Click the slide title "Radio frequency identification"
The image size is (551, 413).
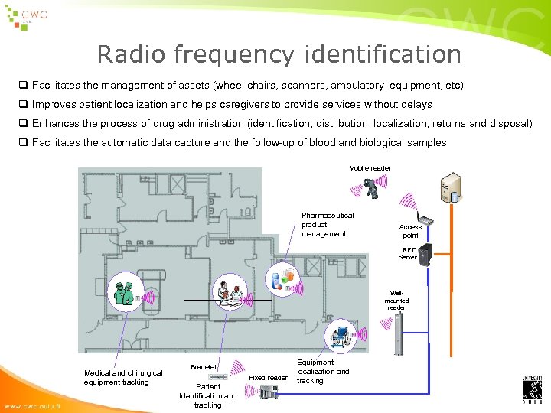(279, 54)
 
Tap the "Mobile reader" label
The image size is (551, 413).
(370, 168)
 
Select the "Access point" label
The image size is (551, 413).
(410, 231)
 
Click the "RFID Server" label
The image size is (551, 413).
(408, 253)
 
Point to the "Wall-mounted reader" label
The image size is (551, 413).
(396, 300)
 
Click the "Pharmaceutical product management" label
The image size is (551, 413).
(328, 225)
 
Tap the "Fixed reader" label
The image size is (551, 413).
(268, 378)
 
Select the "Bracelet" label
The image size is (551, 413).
(204, 368)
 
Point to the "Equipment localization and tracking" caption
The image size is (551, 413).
(322, 371)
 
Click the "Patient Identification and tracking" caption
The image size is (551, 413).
(208, 395)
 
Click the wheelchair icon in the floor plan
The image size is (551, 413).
(337, 333)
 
